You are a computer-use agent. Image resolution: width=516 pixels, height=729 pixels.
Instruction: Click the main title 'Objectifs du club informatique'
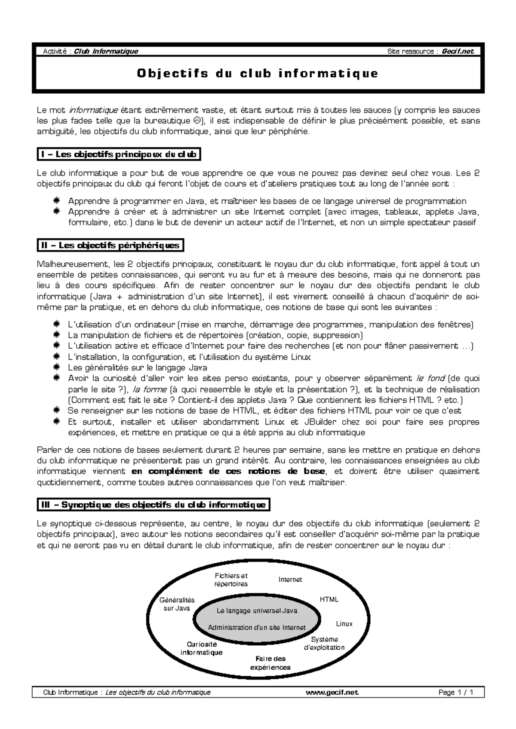click(x=258, y=73)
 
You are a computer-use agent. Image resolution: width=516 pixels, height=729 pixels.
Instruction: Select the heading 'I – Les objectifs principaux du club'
click(x=119, y=154)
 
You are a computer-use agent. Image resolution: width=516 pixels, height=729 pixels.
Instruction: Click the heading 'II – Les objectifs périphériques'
click(x=111, y=246)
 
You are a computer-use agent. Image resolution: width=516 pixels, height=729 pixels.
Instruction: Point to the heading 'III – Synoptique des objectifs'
click(x=154, y=505)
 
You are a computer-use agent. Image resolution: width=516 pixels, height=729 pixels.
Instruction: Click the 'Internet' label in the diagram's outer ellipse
click(x=290, y=580)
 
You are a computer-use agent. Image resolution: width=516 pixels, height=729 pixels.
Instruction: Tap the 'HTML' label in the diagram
click(x=329, y=599)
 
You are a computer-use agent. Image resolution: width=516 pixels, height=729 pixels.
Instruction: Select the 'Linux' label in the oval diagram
click(x=344, y=624)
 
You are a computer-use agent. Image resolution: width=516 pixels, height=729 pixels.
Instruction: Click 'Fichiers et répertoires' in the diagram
click(x=231, y=580)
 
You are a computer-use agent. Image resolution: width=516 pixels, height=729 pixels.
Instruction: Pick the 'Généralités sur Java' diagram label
click(x=177, y=604)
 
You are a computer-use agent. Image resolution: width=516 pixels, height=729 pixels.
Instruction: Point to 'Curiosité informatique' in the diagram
click(x=202, y=648)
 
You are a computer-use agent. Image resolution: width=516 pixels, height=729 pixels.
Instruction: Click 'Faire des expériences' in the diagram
click(x=270, y=663)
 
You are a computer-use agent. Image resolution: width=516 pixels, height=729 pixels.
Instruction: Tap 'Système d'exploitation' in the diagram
click(x=324, y=643)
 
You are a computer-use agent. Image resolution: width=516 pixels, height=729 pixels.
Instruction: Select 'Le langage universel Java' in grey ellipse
click(x=257, y=611)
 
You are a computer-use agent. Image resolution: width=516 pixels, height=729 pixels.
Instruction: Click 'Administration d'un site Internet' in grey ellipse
click(x=257, y=627)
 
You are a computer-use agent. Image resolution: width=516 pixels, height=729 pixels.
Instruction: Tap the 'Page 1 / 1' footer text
click(x=456, y=692)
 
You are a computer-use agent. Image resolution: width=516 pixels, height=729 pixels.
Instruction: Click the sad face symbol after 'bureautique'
click(x=195, y=121)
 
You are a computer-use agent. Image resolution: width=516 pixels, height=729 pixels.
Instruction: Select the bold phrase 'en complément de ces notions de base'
click(x=228, y=471)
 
